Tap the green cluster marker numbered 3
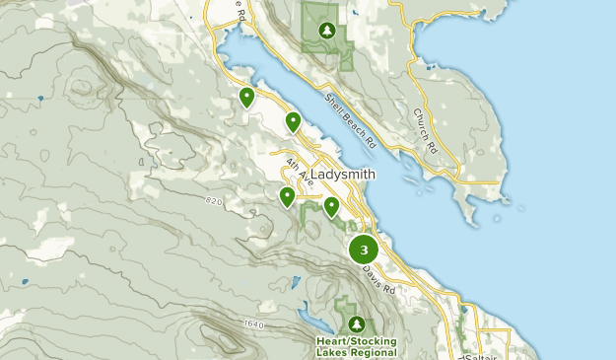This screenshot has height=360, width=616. point(364,250)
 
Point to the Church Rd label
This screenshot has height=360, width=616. point(425,131)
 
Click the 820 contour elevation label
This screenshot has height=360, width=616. point(216,201)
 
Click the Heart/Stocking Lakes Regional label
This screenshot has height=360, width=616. point(356,347)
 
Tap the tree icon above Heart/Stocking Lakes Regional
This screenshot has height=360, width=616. point(356,324)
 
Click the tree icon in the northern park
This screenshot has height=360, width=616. point(326,31)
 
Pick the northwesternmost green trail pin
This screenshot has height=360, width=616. point(246,97)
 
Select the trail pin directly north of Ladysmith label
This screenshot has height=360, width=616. point(293,121)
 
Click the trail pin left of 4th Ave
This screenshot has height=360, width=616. point(287,196)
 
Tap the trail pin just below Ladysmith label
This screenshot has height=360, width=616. point(332,206)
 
